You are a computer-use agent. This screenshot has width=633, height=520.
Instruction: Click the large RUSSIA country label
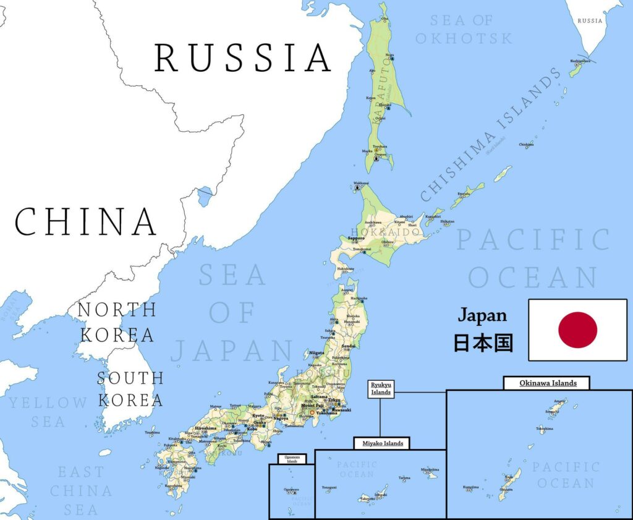tap(242, 58)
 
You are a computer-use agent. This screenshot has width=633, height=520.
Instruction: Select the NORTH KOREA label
tap(117, 322)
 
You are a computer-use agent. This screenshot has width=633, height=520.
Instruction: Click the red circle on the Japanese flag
tap(577, 330)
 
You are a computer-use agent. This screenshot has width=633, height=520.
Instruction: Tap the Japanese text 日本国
tap(483, 343)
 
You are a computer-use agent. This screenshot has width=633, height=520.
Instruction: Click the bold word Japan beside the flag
tap(482, 315)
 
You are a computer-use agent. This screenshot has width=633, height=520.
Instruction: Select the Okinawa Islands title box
tap(546, 383)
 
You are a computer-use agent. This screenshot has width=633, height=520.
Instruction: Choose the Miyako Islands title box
tap(382, 443)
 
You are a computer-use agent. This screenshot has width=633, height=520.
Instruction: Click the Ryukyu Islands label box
tap(381, 389)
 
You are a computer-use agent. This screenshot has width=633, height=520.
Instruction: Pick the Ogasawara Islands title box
tap(292, 459)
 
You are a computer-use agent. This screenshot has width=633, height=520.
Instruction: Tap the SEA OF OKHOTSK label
tap(464, 29)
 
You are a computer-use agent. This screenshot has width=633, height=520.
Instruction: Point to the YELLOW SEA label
tap(48, 412)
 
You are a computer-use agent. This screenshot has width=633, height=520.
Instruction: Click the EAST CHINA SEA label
tap(81, 491)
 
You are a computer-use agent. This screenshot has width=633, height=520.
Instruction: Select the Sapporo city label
tap(355, 238)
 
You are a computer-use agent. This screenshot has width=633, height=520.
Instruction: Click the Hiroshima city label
tap(205, 428)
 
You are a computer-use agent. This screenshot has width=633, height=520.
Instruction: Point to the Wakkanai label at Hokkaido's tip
tap(360, 183)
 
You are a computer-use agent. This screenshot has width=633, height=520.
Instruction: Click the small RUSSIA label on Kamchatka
tap(589, 20)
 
